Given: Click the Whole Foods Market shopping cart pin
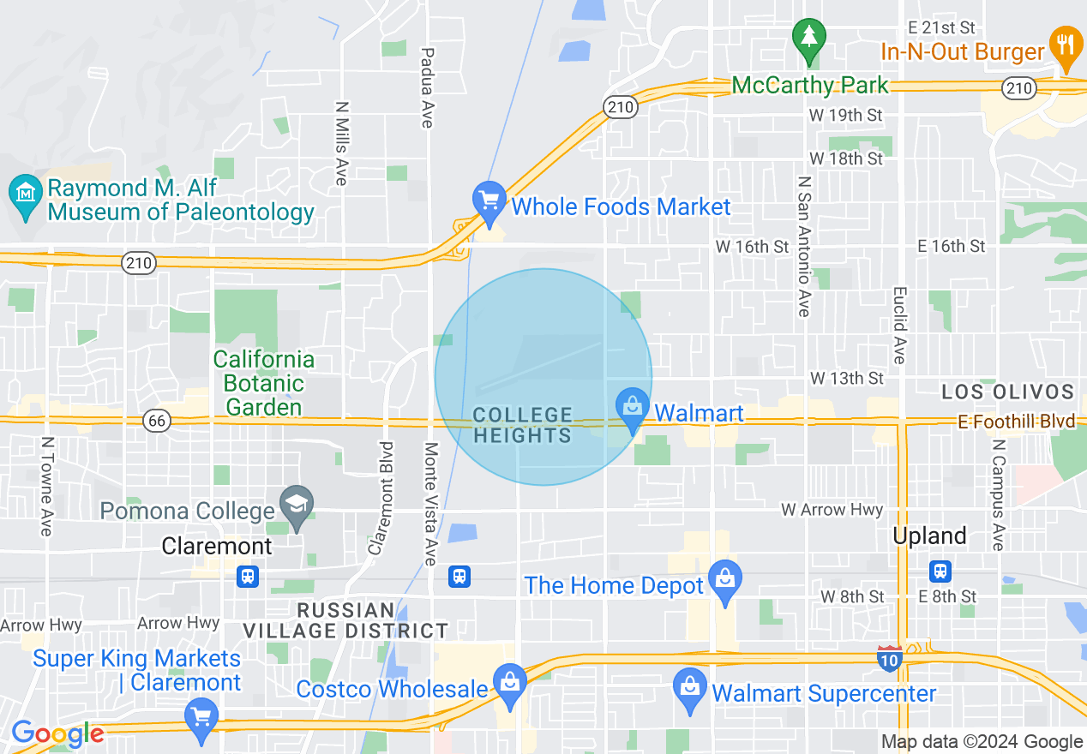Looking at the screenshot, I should click(489, 202).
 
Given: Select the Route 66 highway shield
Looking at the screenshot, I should click(158, 421).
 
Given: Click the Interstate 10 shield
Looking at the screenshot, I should click(889, 659).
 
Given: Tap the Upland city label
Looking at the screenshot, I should click(929, 536).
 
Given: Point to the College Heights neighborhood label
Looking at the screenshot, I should click(522, 426).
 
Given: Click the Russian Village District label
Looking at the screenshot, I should click(345, 621).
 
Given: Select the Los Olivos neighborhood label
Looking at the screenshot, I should click(1007, 392).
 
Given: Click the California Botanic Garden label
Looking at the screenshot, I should click(264, 383).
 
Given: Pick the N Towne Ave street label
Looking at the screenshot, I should click(46, 487).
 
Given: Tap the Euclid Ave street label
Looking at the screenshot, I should click(898, 325).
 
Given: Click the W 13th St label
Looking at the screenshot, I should click(847, 378).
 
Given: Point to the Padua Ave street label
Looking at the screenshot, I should click(426, 87).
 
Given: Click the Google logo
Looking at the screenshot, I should click(57, 734).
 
